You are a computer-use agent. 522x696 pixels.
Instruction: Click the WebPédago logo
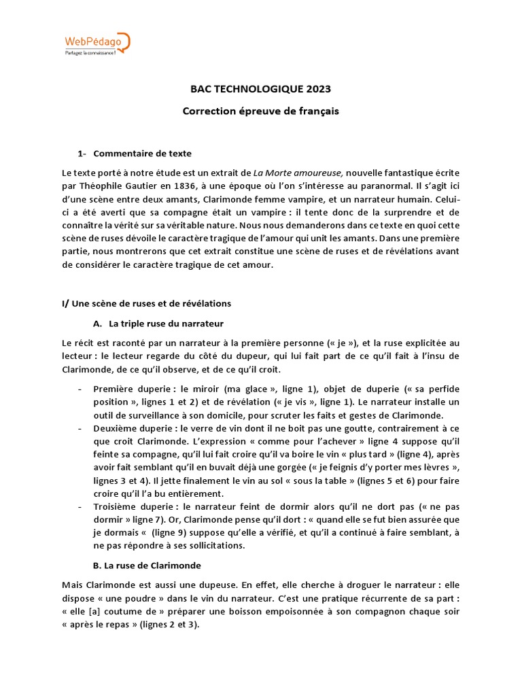(x=96, y=41)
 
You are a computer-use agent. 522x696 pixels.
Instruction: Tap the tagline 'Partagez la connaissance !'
(x=91, y=52)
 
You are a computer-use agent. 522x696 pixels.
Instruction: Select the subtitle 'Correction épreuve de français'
(x=260, y=111)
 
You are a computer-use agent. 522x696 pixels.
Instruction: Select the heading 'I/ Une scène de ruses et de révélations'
(x=146, y=303)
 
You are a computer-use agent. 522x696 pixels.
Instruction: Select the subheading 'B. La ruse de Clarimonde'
(x=146, y=565)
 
